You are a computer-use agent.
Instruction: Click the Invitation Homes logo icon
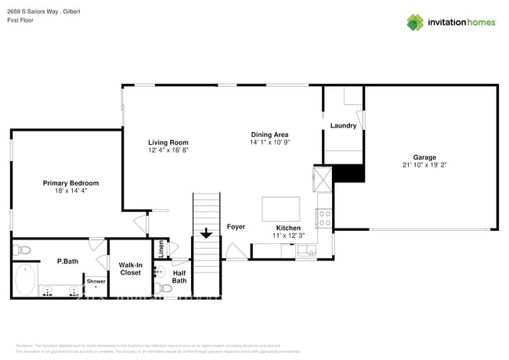point(415,22)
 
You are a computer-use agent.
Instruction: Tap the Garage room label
point(424,157)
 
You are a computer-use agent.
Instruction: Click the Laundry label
point(343,125)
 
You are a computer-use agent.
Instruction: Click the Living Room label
point(168,142)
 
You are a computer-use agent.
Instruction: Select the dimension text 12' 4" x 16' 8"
point(168,150)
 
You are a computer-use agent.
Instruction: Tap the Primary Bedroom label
point(70,182)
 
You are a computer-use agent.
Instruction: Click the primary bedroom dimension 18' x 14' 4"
point(70,191)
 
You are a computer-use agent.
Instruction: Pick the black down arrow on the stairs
point(207,232)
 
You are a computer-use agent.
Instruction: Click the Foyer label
point(236,227)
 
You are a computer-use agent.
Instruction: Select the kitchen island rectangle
point(280,210)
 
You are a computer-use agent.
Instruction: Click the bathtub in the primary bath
point(25,279)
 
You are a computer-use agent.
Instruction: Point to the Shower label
point(96,281)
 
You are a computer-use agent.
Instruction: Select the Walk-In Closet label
point(130,268)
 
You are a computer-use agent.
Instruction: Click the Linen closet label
point(161,248)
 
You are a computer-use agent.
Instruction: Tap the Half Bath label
point(179,276)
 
